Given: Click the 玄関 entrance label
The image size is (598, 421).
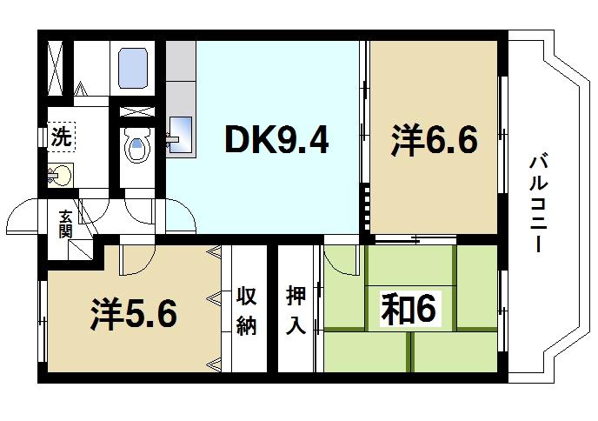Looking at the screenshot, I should (66, 224).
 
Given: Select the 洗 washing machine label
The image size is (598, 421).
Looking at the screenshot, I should (60, 137).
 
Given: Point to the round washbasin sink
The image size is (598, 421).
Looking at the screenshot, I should (60, 175).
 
